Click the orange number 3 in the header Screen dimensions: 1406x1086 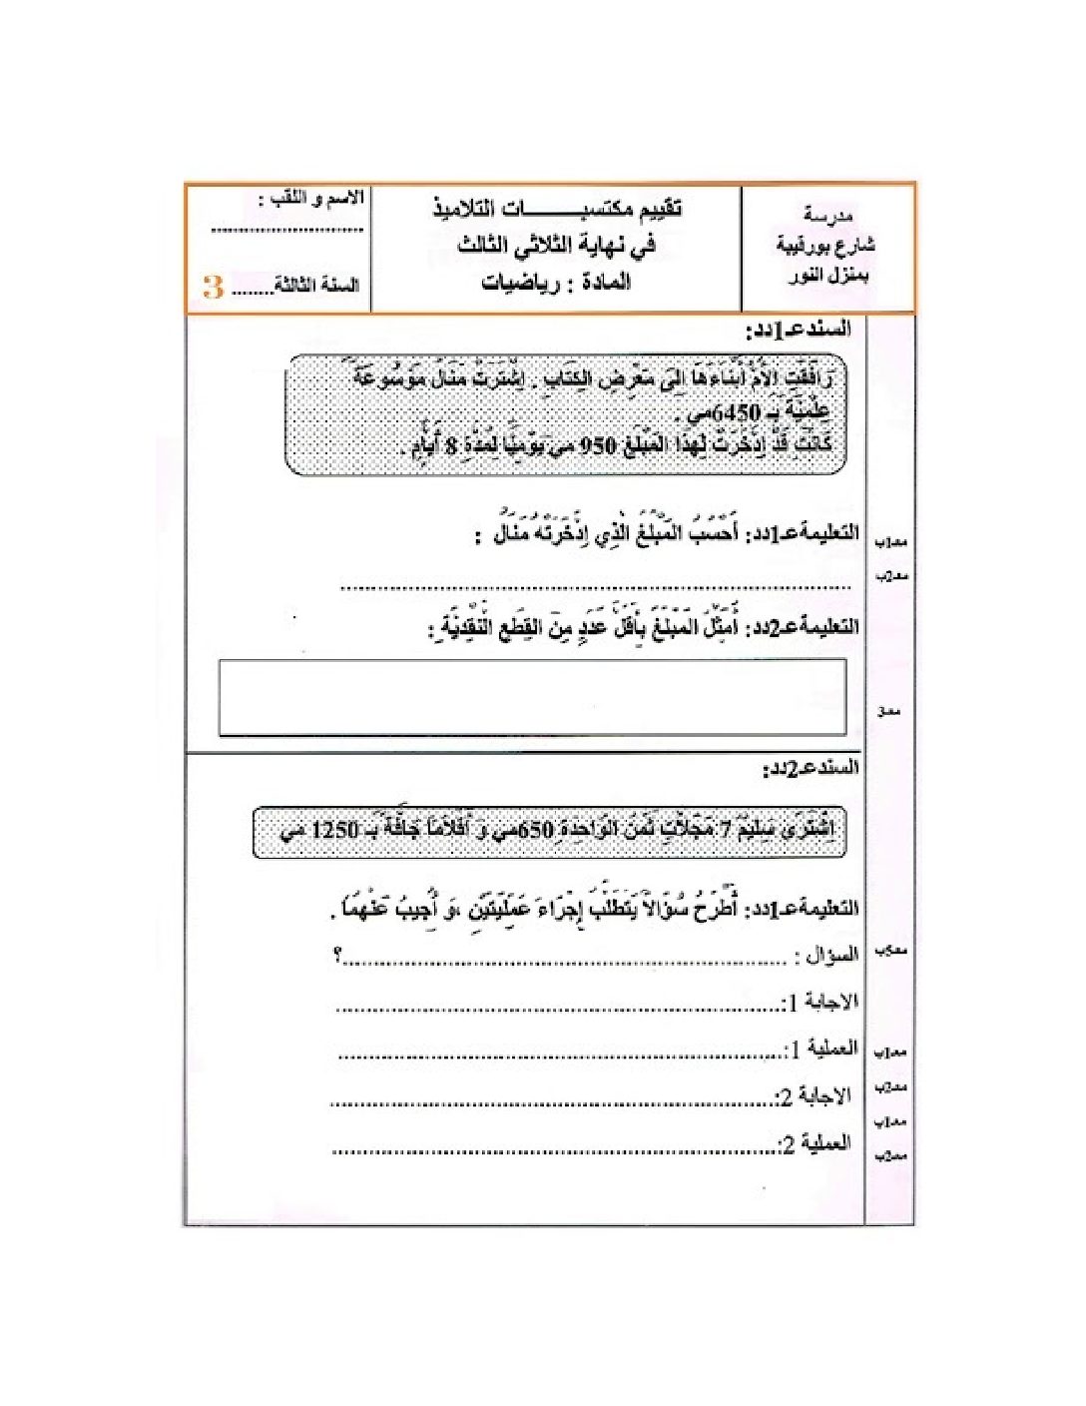pos(213,288)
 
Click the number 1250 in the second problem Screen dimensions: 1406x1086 pos(334,831)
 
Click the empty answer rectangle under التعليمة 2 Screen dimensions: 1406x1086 pos(532,697)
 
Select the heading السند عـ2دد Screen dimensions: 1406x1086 pos(811,769)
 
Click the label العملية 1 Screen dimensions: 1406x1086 pos(821,1050)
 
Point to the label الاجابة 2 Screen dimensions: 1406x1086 pos(814,1096)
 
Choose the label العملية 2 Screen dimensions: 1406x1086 pos(815,1143)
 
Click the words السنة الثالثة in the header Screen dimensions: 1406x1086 pos(317,286)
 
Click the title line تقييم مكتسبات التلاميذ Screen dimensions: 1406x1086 pos(557,209)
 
